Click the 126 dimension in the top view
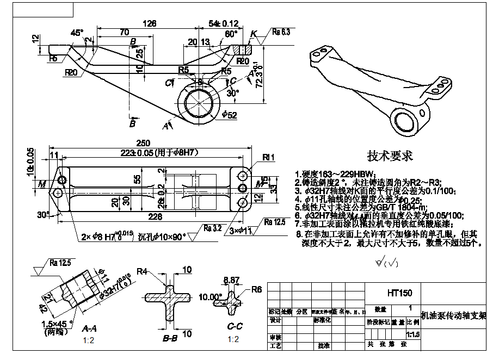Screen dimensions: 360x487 [x=149, y=23]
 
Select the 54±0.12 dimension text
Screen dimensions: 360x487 [x=224, y=23]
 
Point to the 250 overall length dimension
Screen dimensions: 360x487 [x=143, y=143]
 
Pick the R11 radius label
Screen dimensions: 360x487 [x=269, y=158]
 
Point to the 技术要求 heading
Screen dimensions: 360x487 [x=390, y=156]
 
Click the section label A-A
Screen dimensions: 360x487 [x=90, y=329]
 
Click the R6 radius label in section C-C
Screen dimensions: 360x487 [x=257, y=290]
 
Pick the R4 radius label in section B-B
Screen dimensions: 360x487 [x=143, y=271]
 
